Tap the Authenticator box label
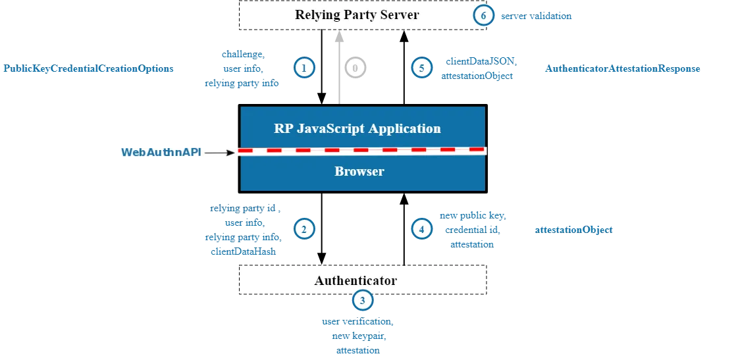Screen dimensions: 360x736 point(355,280)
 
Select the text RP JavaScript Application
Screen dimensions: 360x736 point(357,128)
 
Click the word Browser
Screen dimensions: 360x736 point(359,172)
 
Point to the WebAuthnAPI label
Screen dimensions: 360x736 point(161,153)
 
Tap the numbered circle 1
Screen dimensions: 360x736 point(303,68)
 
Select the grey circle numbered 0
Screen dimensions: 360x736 point(355,68)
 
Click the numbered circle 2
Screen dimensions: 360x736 point(303,228)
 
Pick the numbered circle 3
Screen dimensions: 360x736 point(362,301)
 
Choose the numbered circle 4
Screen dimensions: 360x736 point(421,228)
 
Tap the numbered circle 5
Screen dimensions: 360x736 point(421,68)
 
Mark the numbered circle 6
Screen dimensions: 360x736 point(483,16)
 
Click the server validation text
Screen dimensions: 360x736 point(536,16)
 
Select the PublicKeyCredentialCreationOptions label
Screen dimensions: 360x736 point(88,68)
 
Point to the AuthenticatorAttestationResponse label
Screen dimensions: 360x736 point(621,68)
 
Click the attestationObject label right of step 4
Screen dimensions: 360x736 point(573,230)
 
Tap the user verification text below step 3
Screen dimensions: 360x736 point(358,322)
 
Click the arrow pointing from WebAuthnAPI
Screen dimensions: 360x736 point(220,153)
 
